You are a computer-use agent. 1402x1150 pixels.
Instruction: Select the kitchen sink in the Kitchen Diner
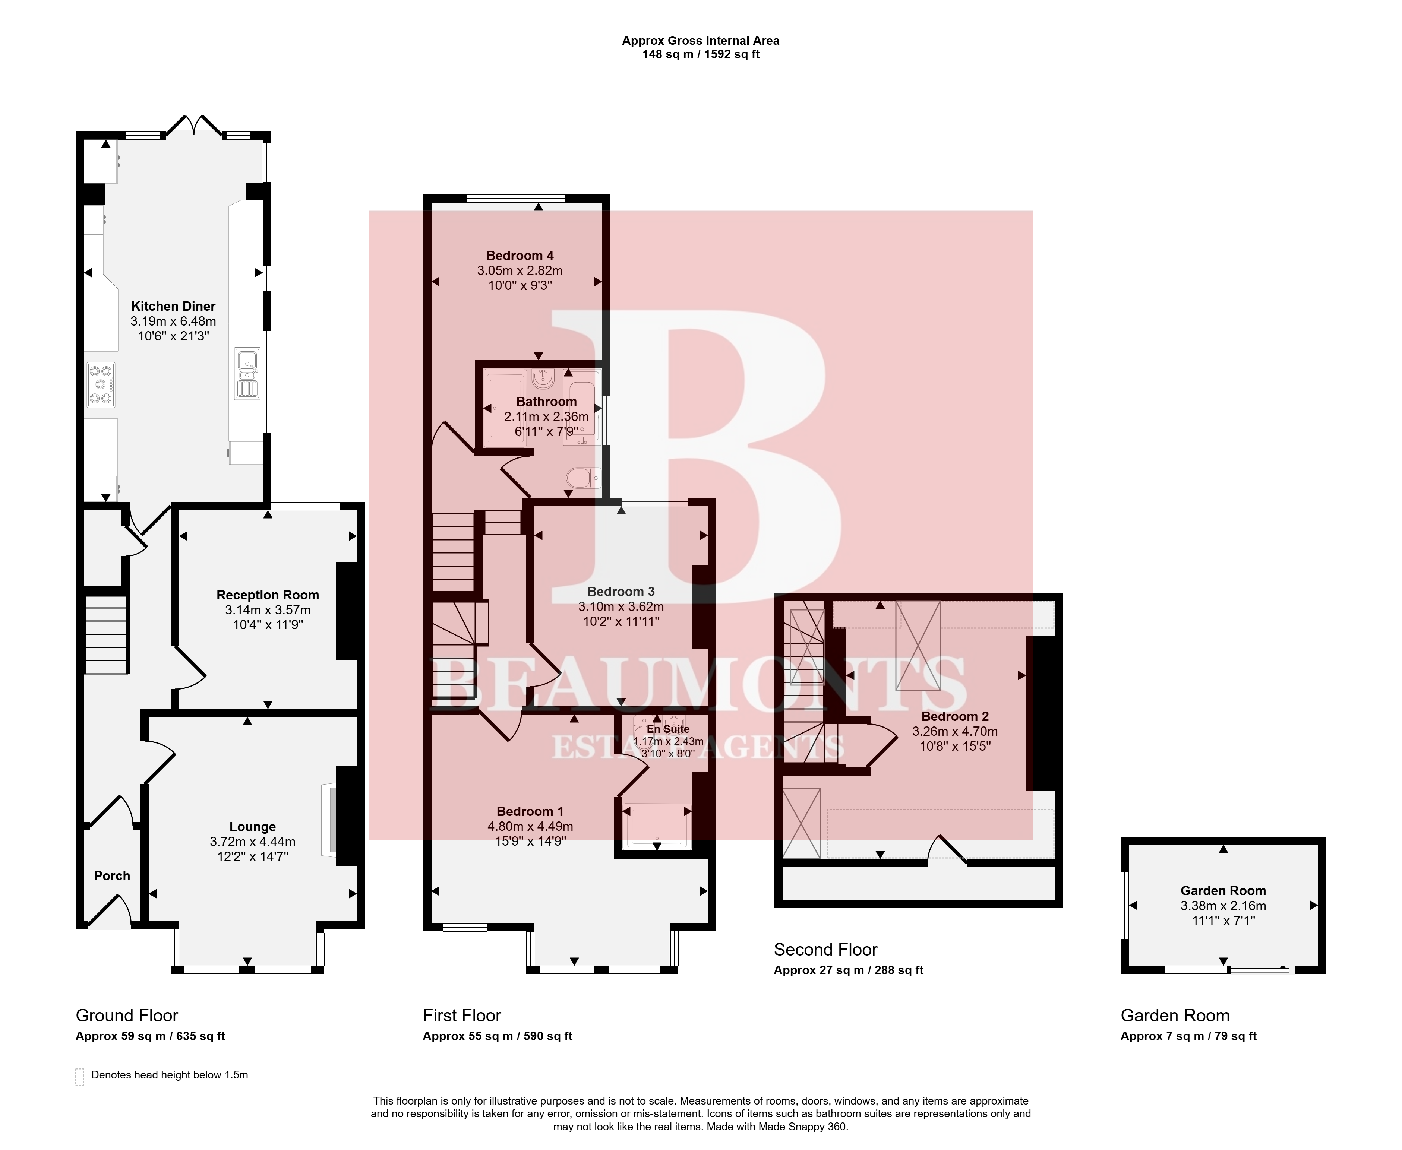[247, 374]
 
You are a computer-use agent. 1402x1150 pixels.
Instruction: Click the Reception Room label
[268, 595]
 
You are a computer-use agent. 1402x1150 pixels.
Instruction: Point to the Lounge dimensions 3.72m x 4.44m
[252, 841]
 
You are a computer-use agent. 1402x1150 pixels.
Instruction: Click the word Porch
[112, 876]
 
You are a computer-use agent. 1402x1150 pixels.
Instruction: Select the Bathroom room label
[547, 402]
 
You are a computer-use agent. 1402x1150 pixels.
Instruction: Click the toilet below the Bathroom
[584, 478]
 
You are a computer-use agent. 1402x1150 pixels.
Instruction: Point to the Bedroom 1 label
[530, 811]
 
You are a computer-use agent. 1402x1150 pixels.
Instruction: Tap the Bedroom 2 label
[955, 716]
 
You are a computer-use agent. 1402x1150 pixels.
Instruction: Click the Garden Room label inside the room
[1223, 890]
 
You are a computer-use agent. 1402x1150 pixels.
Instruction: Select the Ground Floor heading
[127, 1016]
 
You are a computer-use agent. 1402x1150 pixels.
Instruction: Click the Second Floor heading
[825, 949]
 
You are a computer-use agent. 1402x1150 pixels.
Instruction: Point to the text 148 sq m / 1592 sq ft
[701, 54]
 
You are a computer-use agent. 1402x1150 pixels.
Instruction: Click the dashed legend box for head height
[79, 1077]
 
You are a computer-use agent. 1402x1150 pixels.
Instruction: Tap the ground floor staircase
[106, 635]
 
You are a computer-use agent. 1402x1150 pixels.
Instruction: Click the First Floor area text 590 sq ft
[547, 1036]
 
